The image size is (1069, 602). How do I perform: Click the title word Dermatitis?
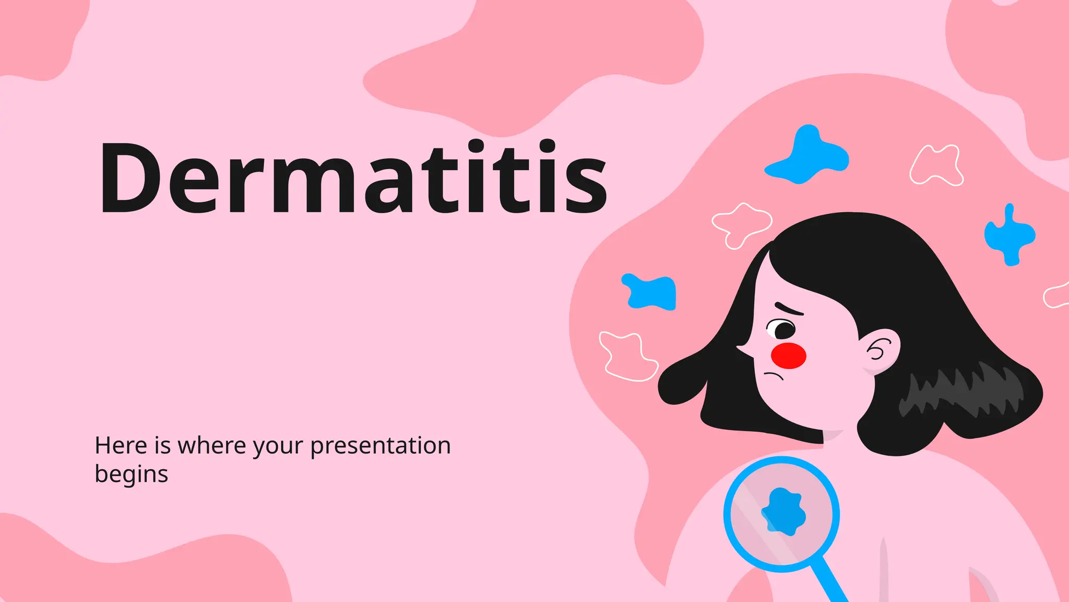tap(353, 178)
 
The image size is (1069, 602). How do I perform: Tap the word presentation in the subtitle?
tap(380, 446)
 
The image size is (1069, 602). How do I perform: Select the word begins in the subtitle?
tap(131, 474)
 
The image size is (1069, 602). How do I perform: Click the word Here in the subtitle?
tap(121, 446)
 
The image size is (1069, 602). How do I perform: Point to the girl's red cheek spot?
tap(788, 356)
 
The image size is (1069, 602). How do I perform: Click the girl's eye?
tap(783, 330)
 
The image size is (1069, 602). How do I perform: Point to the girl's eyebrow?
tap(790, 309)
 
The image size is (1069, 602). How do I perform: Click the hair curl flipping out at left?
tap(679, 381)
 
